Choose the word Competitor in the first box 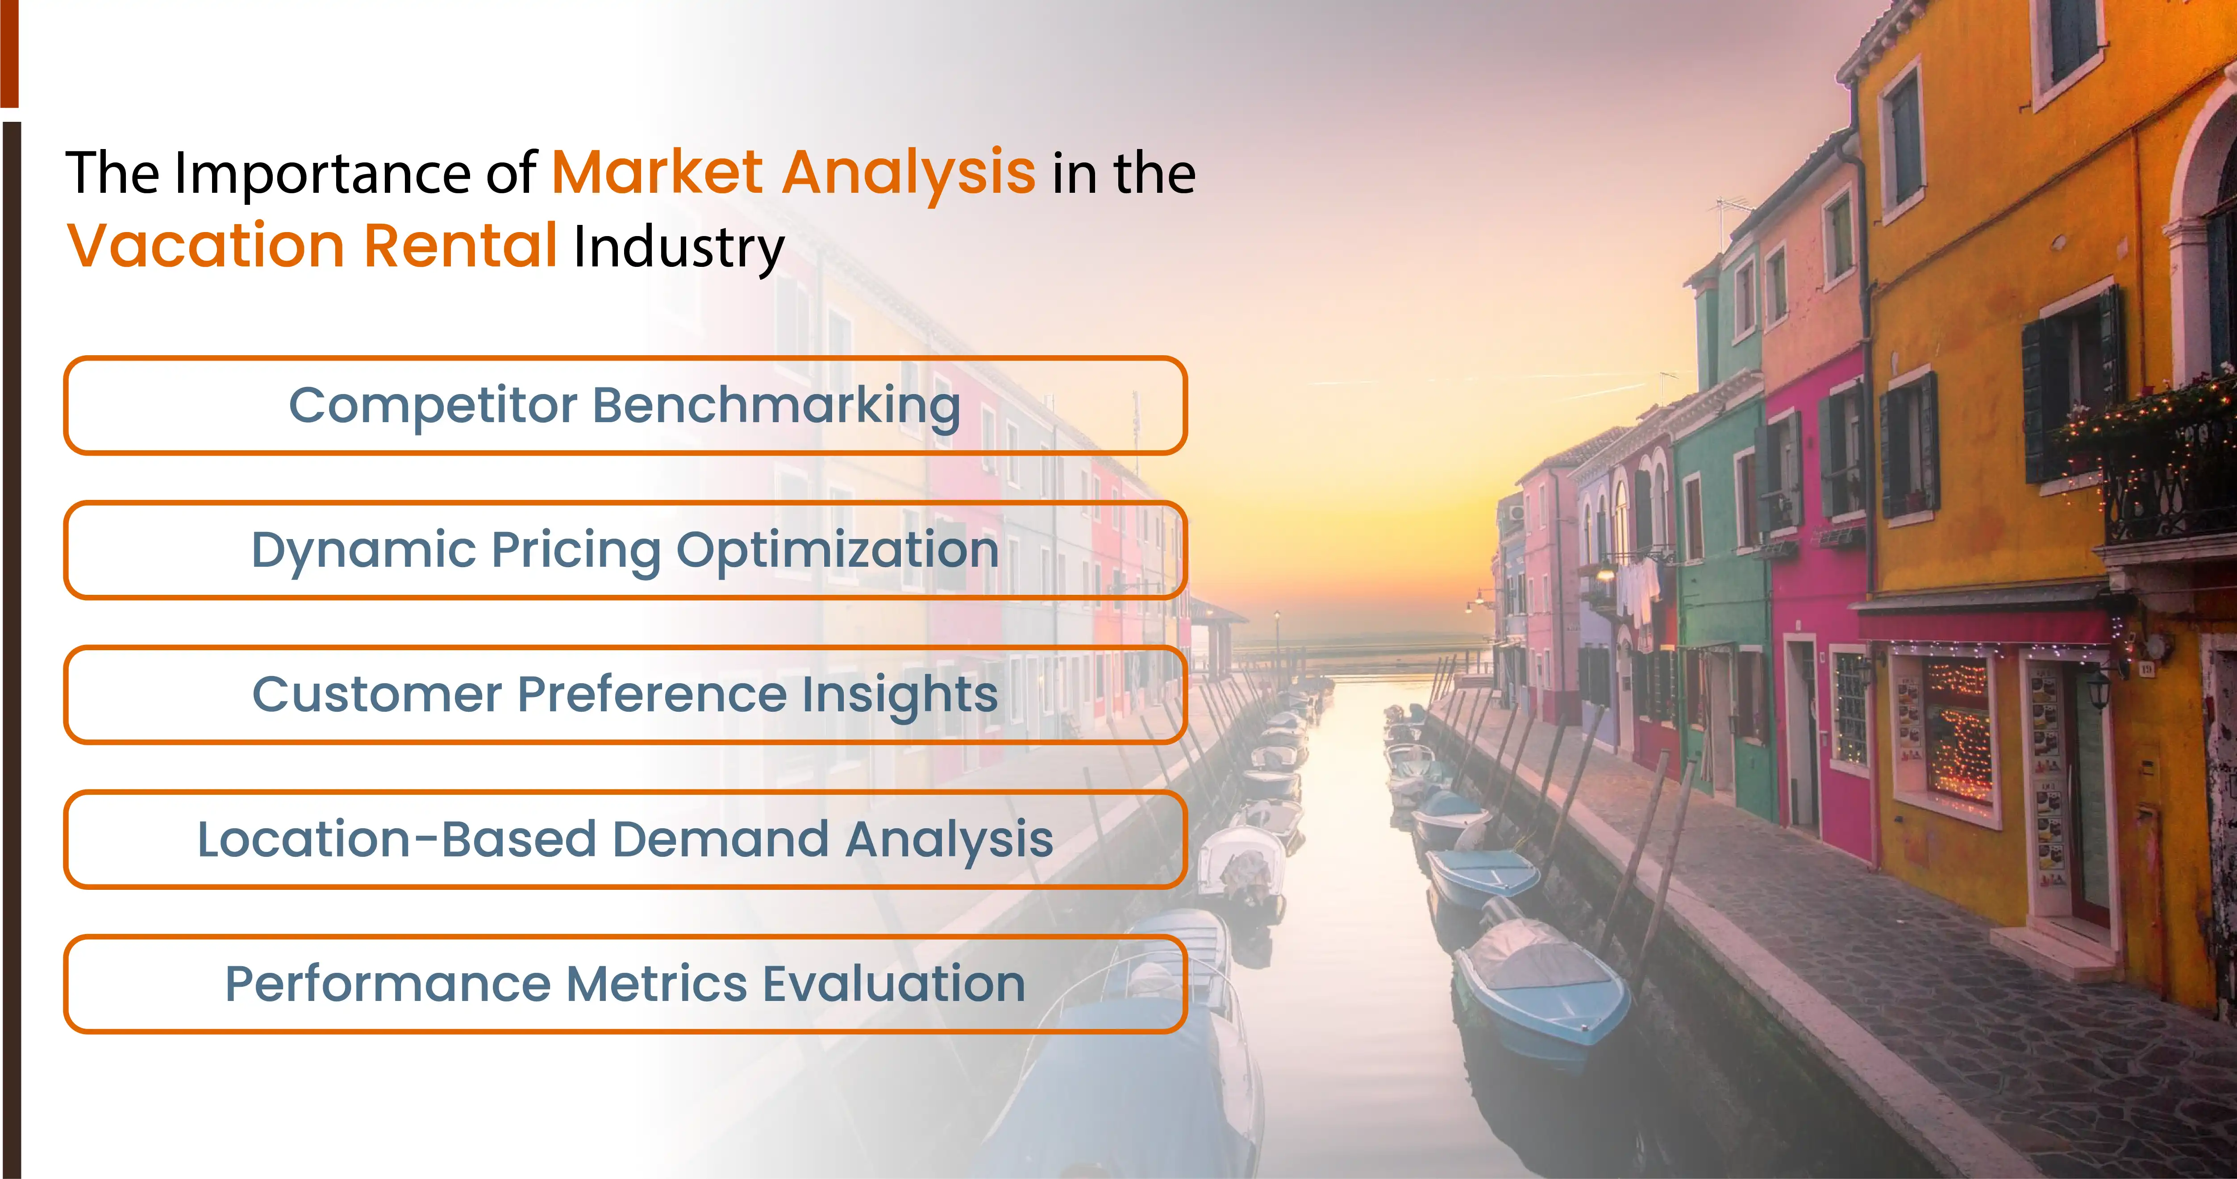pyautogui.click(x=433, y=406)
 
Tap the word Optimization pyautogui.click(x=837, y=550)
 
